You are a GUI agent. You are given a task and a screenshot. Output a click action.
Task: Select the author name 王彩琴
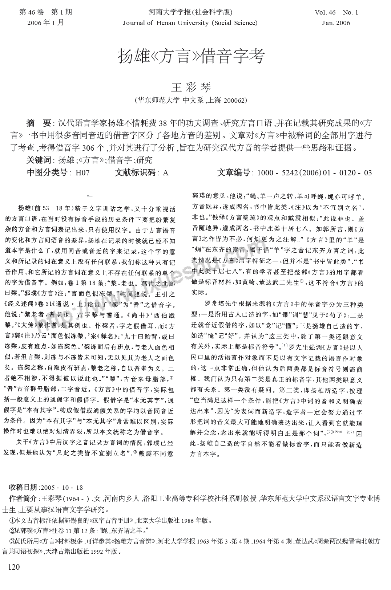[191, 88]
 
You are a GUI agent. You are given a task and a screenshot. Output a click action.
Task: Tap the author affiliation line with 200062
[191, 100]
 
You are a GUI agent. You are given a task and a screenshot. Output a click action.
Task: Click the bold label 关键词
[39, 160]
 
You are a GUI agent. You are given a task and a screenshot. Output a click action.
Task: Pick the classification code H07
[82, 173]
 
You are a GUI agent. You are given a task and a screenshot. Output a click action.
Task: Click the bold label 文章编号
[234, 173]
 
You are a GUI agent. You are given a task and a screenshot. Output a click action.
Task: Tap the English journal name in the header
[190, 23]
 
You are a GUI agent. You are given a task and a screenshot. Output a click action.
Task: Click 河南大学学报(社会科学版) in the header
[190, 12]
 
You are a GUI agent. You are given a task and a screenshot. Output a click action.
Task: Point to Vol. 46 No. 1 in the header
[336, 12]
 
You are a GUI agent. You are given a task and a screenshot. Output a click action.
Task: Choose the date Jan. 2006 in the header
[336, 23]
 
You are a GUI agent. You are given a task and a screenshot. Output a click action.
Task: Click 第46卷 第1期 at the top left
[45, 12]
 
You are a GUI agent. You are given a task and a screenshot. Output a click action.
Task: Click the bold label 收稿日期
[23, 487]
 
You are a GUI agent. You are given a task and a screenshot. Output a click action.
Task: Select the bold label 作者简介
[23, 498]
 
